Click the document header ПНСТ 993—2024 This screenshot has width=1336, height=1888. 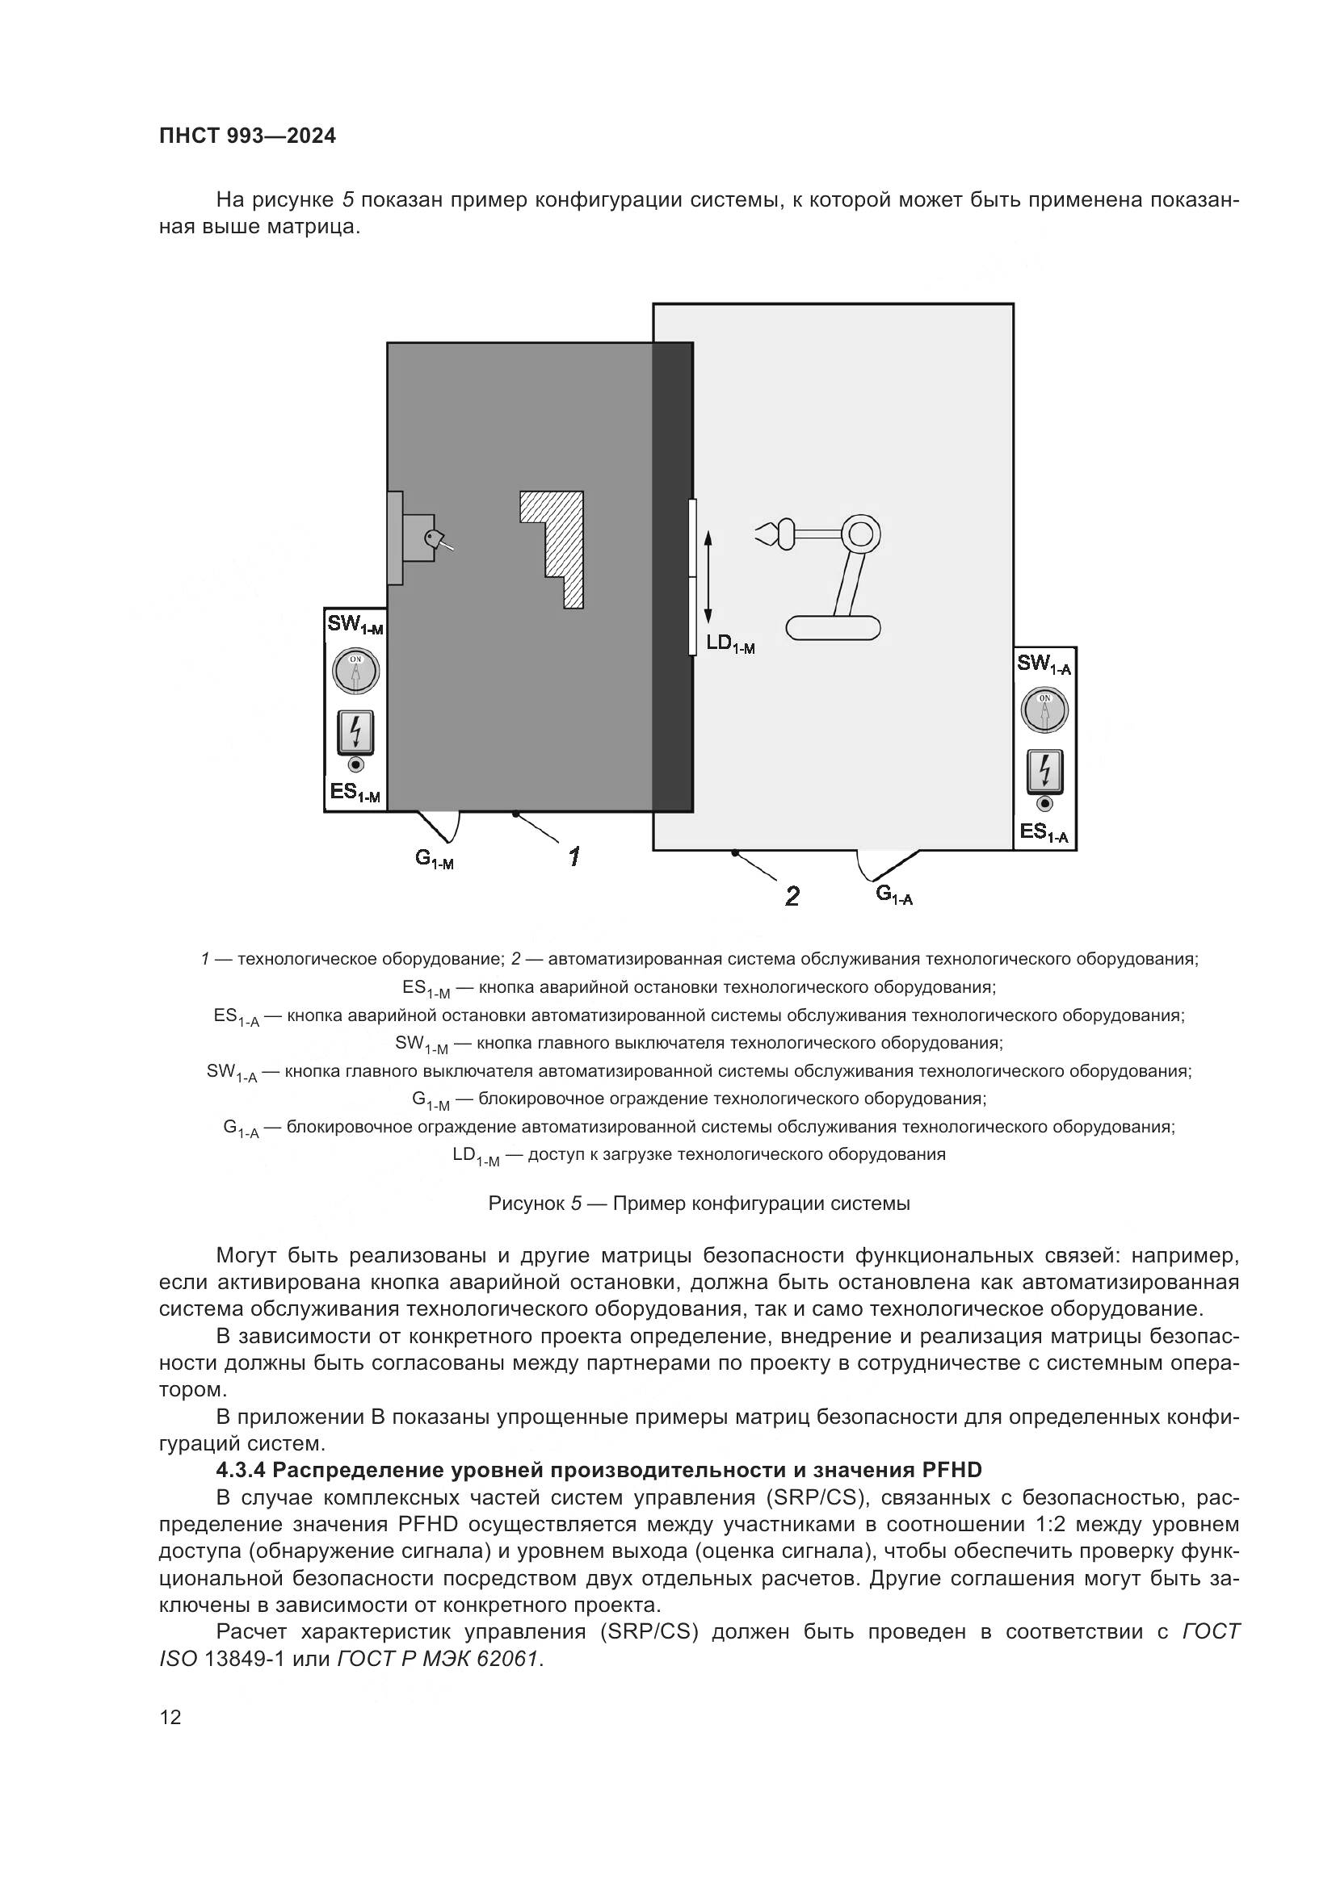coord(248,136)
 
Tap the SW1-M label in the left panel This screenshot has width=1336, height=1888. coord(355,625)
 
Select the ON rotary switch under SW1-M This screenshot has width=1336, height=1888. coord(355,671)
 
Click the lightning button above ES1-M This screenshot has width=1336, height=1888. coord(355,732)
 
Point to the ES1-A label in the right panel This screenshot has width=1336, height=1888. coord(1044,833)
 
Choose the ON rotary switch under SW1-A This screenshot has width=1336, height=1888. coord(1044,710)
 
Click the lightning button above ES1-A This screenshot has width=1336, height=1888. coord(1044,772)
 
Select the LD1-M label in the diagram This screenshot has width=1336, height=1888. coord(730,644)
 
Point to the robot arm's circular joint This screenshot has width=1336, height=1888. coord(859,535)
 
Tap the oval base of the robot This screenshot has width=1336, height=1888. coord(833,628)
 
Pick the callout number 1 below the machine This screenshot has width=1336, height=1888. coord(573,857)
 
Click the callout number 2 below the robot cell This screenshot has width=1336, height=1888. coord(792,895)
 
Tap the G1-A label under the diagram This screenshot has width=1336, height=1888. coord(894,894)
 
